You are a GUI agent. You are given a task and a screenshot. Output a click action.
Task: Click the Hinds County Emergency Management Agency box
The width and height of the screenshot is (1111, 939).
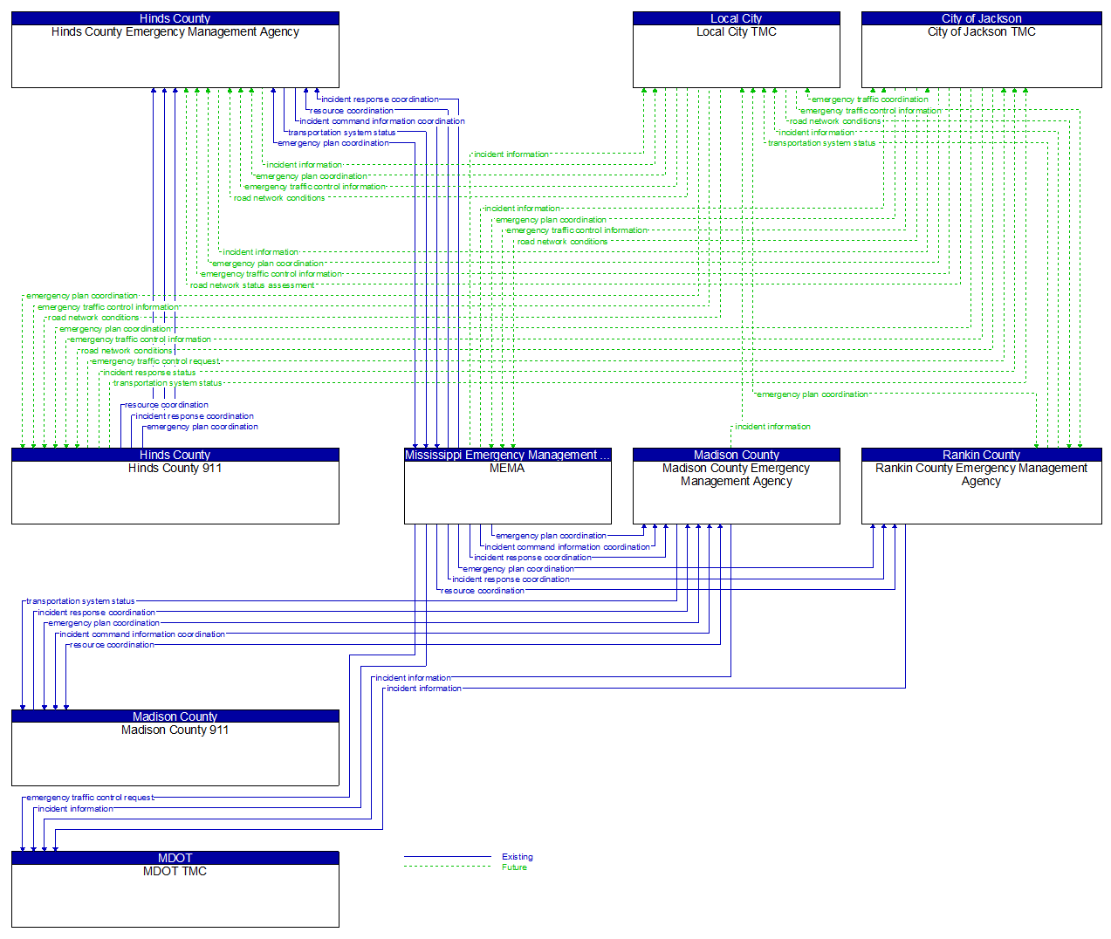175,56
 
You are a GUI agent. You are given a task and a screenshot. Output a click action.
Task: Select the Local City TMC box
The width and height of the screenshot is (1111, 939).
736,56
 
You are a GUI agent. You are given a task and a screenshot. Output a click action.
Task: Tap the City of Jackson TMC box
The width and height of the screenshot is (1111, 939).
981,56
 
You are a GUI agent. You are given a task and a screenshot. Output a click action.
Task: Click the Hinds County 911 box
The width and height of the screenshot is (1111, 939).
175,492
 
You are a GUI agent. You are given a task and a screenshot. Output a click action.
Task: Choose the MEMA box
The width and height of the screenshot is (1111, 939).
507,492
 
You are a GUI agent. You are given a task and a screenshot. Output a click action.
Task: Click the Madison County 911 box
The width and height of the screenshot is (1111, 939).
175,754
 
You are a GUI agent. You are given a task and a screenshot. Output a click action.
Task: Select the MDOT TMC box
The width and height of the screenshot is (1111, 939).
175,895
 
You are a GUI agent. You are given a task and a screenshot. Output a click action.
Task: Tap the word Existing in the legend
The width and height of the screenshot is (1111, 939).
517,857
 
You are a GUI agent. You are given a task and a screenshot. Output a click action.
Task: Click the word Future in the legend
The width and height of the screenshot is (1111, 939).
514,867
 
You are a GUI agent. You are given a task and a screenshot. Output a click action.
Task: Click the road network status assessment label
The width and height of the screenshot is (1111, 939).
252,285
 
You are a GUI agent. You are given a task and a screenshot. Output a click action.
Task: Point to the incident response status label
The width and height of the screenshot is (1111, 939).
149,373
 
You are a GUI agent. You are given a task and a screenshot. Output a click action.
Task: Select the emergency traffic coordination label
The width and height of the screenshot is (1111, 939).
869,99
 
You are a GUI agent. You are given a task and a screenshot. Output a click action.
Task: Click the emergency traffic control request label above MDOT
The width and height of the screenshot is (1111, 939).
90,798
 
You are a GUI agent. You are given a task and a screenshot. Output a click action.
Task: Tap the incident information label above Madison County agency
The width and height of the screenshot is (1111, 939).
772,427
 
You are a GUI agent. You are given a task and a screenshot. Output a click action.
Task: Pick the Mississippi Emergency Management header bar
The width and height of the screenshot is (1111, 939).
507,455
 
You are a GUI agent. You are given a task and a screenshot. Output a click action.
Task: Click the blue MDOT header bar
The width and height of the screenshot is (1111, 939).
175,858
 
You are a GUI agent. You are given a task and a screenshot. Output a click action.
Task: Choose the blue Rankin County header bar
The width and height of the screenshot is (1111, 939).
981,455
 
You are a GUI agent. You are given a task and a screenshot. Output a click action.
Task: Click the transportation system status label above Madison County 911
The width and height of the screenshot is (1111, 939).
80,601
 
